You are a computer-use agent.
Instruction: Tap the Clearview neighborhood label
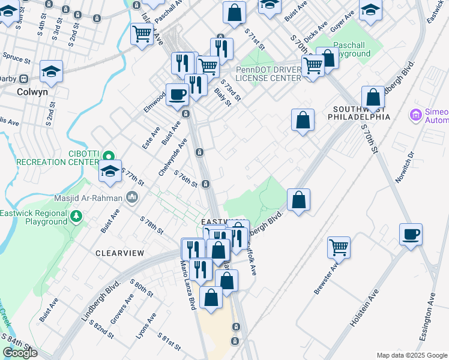coord(120,253)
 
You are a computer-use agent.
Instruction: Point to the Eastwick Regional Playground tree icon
coord(76,216)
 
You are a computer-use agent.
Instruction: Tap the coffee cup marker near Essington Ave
coord(411,234)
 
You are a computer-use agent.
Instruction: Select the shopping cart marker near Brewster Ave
coord(339,247)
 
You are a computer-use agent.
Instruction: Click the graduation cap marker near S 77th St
coord(110,171)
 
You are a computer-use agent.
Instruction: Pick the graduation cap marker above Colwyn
coord(52,71)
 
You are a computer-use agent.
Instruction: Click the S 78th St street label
coord(151,224)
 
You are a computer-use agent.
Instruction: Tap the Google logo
coord(20,353)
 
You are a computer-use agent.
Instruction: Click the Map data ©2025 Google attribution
coord(412,355)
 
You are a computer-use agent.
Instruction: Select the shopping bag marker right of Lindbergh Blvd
coord(298,199)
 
